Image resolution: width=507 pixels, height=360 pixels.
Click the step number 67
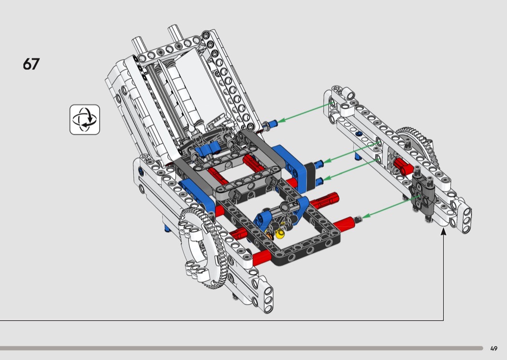pyautogui.click(x=31, y=64)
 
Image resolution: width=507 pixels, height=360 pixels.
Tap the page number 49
pyautogui.click(x=493, y=348)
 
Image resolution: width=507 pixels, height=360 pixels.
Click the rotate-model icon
pyautogui.click(x=84, y=120)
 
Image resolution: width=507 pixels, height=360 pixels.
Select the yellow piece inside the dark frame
pyautogui.click(x=280, y=233)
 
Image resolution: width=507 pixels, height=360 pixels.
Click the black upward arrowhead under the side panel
pyautogui.click(x=444, y=231)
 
